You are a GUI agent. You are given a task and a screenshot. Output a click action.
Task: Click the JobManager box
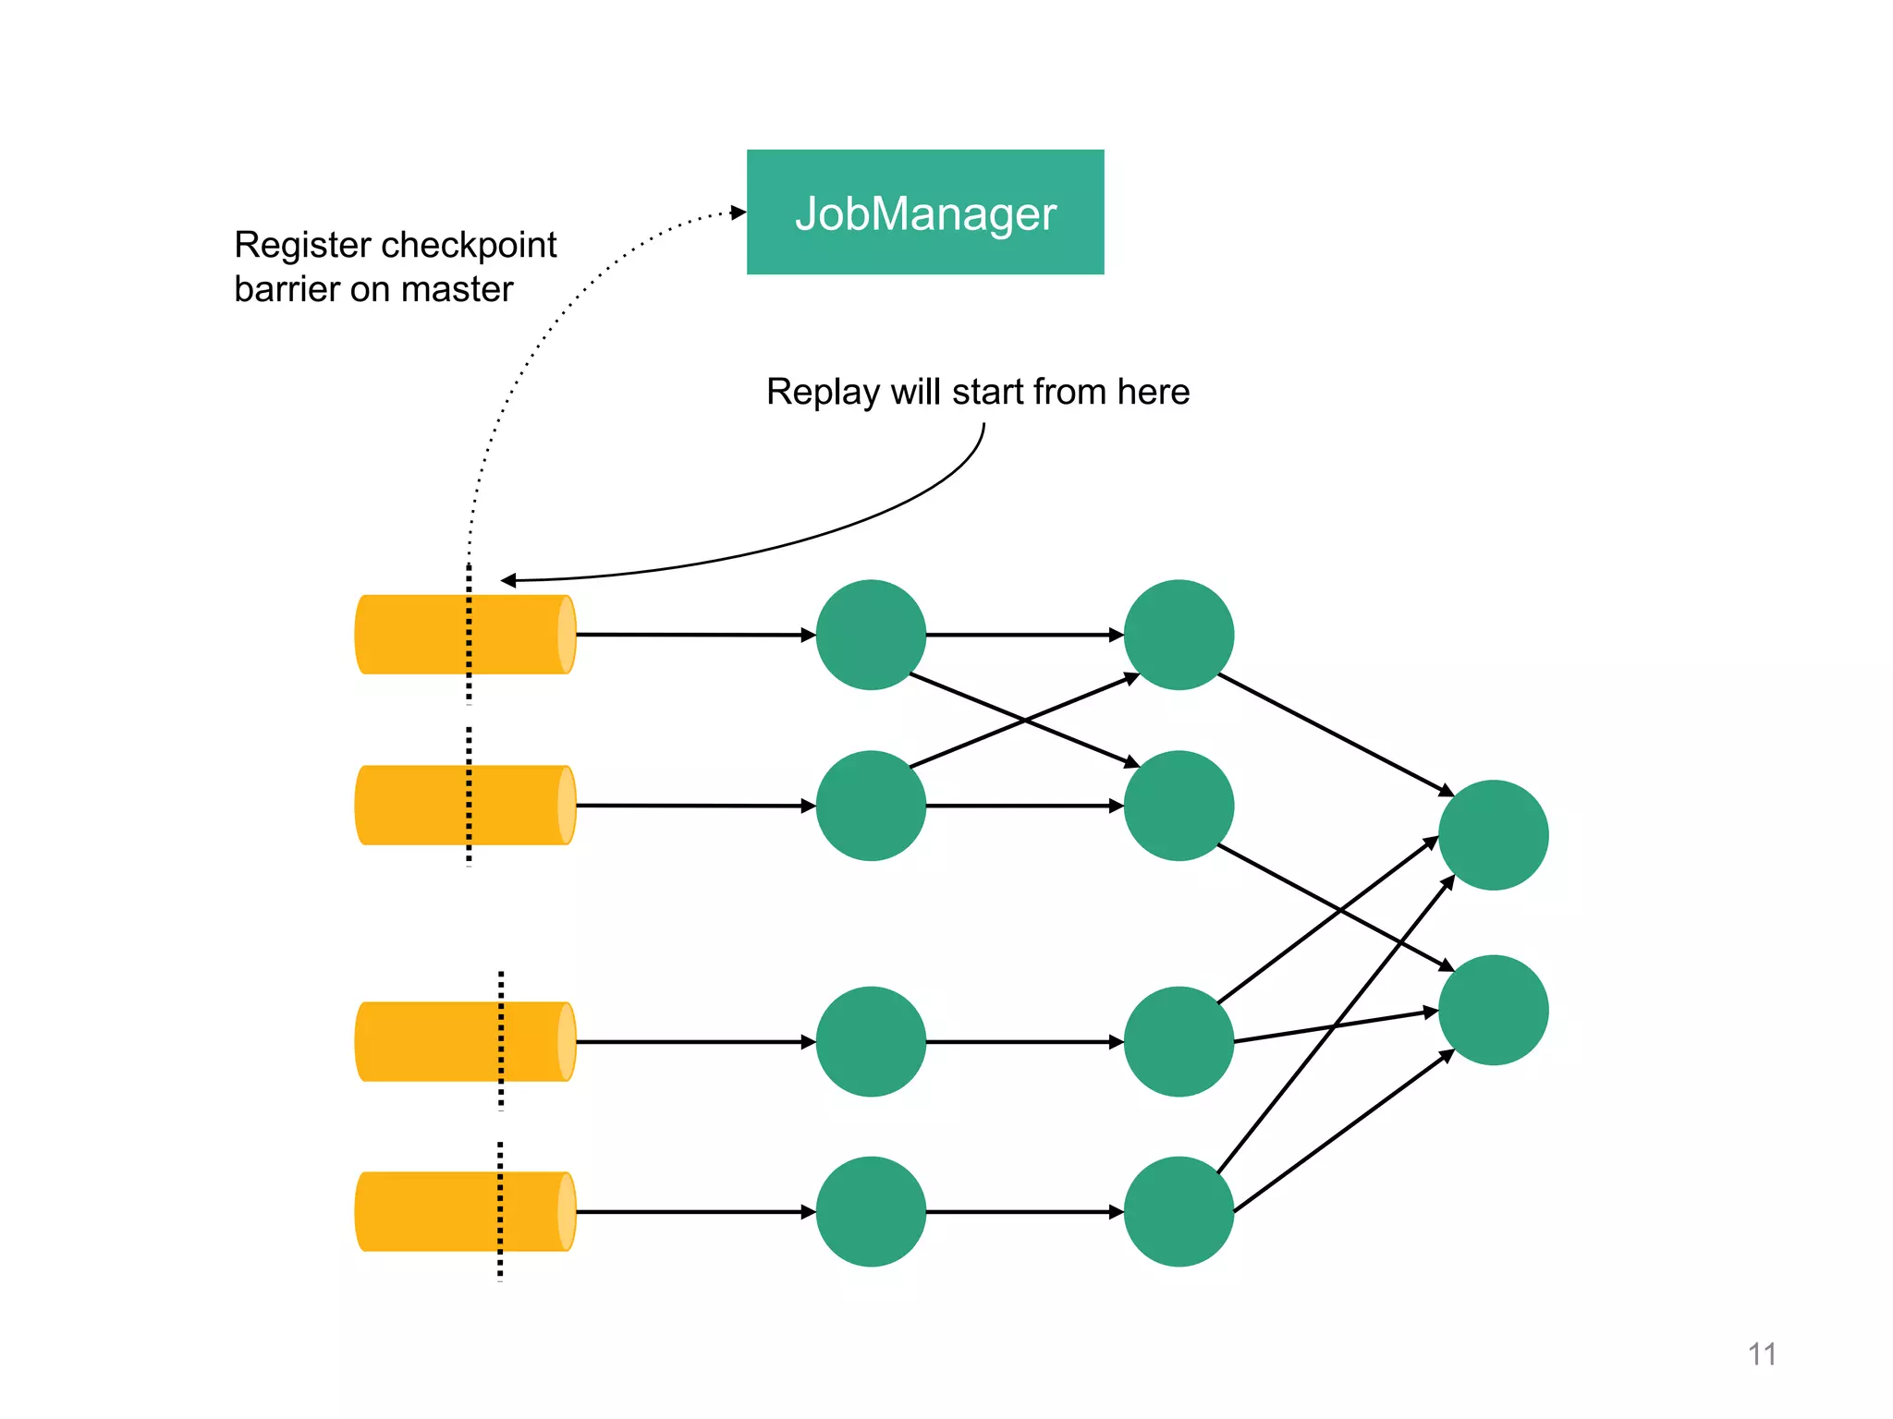924,212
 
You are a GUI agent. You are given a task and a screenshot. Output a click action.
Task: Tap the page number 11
1762,1353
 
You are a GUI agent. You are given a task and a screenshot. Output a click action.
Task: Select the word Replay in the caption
822,393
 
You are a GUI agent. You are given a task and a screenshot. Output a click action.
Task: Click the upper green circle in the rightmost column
1493,835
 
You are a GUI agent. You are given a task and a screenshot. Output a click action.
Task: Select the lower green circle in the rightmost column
1493,1010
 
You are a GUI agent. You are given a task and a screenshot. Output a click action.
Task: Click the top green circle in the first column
871,635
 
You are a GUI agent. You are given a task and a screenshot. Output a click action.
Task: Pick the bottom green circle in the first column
871,1211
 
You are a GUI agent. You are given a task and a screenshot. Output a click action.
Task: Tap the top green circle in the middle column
1179,635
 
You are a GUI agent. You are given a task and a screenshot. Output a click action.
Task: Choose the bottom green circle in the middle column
1179,1211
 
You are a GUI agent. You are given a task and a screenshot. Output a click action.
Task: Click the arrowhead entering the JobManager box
739,212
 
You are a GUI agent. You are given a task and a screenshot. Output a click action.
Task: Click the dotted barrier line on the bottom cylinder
500,1211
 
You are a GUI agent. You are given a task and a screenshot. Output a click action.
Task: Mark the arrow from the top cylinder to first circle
693,635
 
